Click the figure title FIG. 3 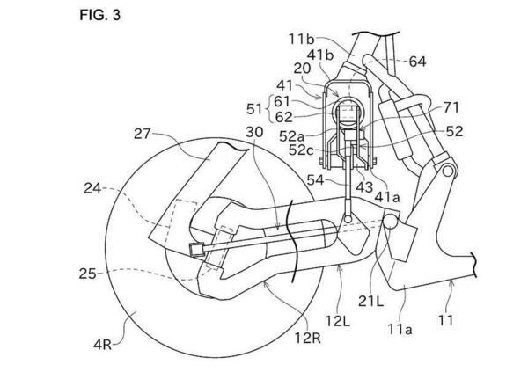point(99,15)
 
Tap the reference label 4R point(103,345)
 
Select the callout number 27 point(143,134)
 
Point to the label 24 point(92,188)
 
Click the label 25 point(87,274)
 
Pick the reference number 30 point(254,132)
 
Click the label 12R point(308,338)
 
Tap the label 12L point(338,321)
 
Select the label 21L point(370,302)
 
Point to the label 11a point(400,329)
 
